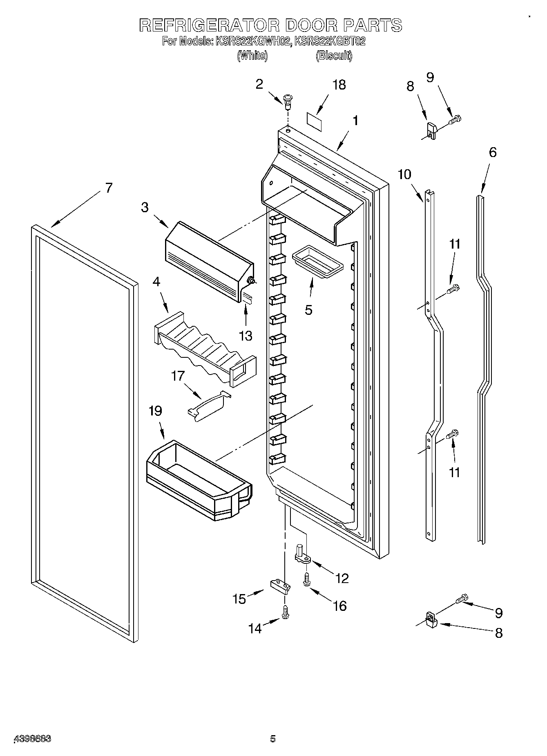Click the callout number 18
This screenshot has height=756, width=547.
pos(339,85)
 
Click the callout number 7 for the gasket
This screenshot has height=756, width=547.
pos(108,188)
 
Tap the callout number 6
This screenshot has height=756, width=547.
pos(493,153)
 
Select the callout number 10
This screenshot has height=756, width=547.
pos(404,175)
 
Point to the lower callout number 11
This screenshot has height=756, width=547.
pos(454,473)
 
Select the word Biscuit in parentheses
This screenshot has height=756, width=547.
pos(334,56)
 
